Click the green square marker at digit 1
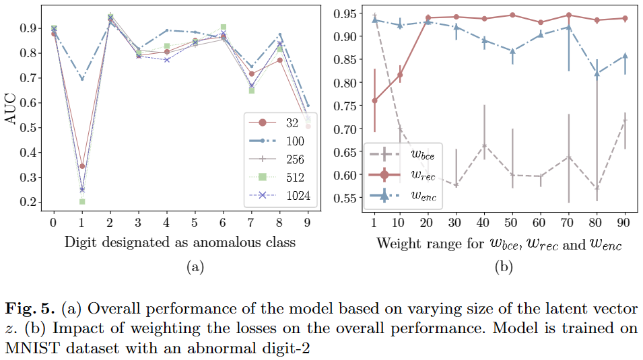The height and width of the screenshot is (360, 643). (82, 201)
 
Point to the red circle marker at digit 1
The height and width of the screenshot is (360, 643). (82, 166)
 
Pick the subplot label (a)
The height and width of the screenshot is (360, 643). (195, 267)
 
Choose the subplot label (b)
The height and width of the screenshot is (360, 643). (504, 267)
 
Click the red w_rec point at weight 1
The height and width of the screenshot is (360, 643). (374, 100)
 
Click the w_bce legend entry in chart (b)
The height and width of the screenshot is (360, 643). (402, 155)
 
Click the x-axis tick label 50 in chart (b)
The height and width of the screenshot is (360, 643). (513, 222)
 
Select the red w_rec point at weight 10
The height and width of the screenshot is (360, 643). (400, 75)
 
